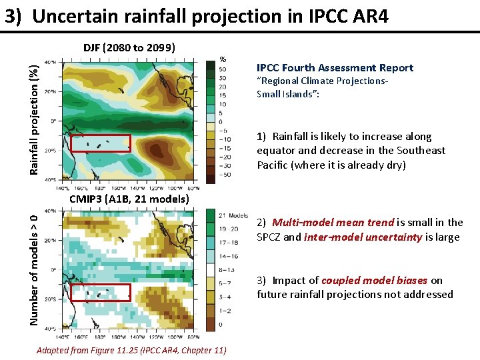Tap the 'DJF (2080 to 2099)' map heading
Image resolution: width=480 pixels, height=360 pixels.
coord(129,47)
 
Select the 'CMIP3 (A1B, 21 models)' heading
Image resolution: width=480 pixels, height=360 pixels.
coord(130,199)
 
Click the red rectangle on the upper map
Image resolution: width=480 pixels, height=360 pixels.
coord(100,143)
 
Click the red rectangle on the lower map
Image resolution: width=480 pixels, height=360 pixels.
coord(100,293)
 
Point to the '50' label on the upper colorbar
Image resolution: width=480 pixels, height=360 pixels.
coord(222,69)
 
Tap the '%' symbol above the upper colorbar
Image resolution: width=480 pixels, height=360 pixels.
coord(223,57)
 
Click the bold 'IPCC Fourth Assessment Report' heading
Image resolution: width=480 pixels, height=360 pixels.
coord(335,68)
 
